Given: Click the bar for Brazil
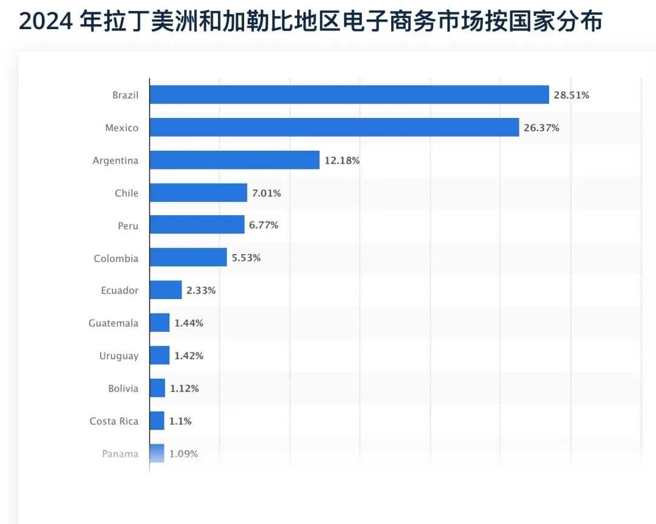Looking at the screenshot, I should tap(349, 95).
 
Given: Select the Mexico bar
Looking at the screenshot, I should tap(334, 128).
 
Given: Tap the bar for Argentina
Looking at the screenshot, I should tap(234, 160).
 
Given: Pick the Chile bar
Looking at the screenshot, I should tap(198, 193).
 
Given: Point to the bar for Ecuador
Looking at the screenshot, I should tap(166, 290).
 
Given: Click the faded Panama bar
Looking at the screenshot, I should tap(157, 453).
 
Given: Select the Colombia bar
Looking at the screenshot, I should tap(188, 258).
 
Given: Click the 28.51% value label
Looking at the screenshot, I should tap(572, 95).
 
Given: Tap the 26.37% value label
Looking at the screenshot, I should tap(541, 128).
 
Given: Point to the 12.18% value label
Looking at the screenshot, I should tap(342, 160).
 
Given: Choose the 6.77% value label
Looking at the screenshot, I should tap(264, 226).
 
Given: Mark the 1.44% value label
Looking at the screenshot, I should tap(189, 323).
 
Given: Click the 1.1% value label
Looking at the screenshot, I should tap(180, 421).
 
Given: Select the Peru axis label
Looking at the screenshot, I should tap(128, 226).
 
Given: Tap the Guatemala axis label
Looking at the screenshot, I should tap(114, 323).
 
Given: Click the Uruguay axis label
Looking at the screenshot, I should tap(119, 356).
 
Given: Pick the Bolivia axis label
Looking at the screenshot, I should tap(123, 388).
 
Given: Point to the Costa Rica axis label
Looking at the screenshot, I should tap(114, 421).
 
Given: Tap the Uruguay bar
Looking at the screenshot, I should tap(160, 356).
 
